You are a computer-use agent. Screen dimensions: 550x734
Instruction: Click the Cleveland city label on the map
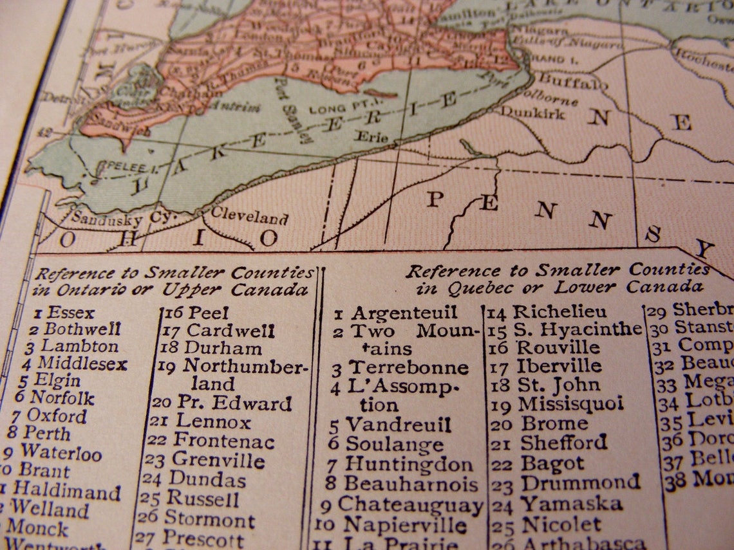[x=249, y=215]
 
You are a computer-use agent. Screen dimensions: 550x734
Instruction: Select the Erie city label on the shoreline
[x=372, y=137]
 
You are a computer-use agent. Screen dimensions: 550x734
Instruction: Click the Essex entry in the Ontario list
[x=71, y=313]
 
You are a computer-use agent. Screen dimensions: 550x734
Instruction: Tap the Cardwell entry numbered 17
[x=230, y=331]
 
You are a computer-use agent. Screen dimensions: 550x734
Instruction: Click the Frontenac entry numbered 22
[x=223, y=441]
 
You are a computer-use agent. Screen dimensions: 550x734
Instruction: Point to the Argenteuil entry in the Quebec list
[x=404, y=313]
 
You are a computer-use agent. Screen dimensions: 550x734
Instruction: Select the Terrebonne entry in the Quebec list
[x=408, y=367]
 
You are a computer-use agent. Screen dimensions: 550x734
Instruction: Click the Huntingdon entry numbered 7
[x=409, y=463]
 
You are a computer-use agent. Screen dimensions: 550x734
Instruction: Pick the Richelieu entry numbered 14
[x=560, y=312]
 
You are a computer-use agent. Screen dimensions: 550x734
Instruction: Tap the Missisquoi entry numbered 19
[x=570, y=404]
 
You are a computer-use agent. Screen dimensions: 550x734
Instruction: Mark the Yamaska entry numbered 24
[x=570, y=504]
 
